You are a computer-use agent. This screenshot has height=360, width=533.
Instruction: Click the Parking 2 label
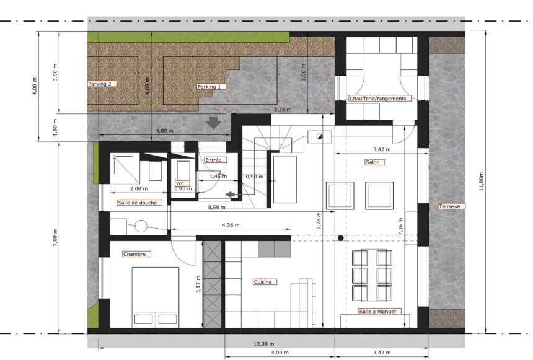click(102, 84)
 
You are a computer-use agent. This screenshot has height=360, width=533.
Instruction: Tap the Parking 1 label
click(211, 87)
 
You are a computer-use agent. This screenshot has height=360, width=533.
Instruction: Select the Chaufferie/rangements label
click(380, 99)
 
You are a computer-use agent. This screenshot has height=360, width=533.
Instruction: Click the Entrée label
click(215, 160)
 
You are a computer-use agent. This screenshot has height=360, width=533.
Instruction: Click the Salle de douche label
click(139, 203)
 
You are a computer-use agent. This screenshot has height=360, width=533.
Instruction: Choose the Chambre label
click(136, 254)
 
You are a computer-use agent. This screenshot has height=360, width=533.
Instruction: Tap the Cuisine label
click(265, 282)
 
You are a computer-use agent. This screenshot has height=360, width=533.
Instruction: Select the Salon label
click(374, 162)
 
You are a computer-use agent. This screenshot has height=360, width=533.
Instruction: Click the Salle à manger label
click(380, 311)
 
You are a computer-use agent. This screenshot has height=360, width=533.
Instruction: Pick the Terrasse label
click(451, 206)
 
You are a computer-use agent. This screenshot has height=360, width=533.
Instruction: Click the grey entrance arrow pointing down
click(213, 123)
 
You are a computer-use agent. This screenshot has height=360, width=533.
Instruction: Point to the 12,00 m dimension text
click(264, 344)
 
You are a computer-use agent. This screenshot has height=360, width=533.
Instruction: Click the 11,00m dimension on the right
click(482, 182)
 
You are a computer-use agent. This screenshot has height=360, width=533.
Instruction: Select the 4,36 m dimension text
click(231, 225)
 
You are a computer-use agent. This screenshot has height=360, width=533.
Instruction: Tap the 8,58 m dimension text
click(216, 207)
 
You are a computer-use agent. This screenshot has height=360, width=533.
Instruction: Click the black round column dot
click(341, 238)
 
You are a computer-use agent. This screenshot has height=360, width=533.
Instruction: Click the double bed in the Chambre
click(156, 297)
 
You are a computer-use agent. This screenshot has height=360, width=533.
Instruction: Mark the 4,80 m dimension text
click(164, 131)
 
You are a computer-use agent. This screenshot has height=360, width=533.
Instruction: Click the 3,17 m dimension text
click(198, 284)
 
